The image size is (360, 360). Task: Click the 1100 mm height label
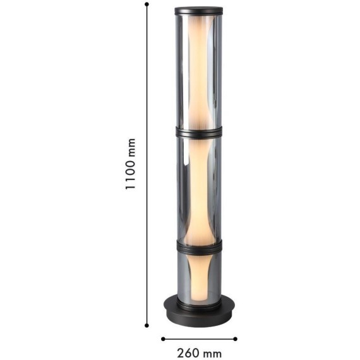pyautogui.click(x=130, y=164)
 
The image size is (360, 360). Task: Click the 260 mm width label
pyautogui.click(x=200, y=353)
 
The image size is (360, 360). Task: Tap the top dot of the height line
pyautogui.click(x=147, y=4)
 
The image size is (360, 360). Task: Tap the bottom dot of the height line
pyautogui.click(x=147, y=325)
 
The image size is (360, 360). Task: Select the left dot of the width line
pyautogui.click(x=163, y=339)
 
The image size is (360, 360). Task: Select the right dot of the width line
pyautogui.click(x=235, y=339)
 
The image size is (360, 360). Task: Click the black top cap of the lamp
pyautogui.click(x=199, y=11)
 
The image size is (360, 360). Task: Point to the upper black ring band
pyautogui.click(x=199, y=133)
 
